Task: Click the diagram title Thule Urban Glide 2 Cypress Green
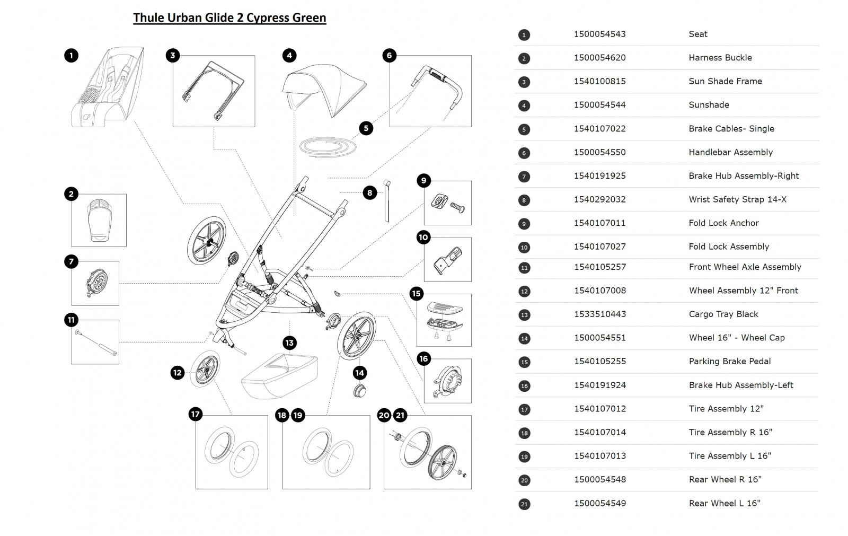229,17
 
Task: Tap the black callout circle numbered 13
289,342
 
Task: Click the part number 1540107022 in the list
599,128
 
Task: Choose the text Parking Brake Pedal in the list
729,361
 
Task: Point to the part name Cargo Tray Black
723,314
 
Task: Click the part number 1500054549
599,503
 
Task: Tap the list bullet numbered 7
524,177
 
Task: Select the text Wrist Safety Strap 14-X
737,199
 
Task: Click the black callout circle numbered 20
384,415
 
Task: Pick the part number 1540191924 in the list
599,385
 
